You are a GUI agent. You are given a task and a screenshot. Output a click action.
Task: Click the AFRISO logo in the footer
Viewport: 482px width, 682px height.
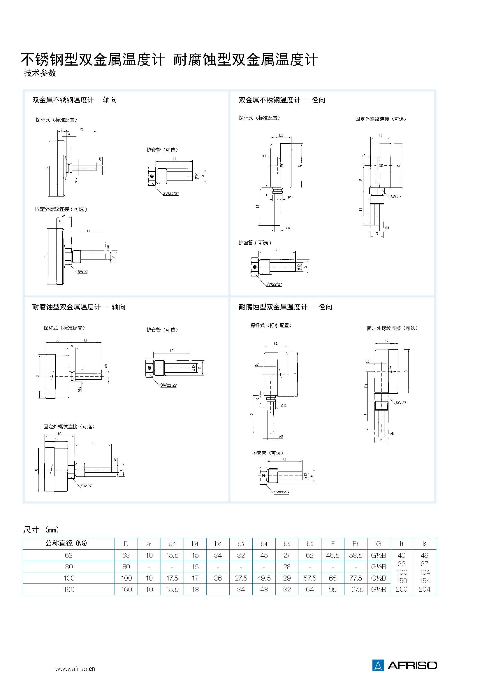click(x=404, y=665)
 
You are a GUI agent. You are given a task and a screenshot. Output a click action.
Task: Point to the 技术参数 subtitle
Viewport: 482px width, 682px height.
click(x=40, y=73)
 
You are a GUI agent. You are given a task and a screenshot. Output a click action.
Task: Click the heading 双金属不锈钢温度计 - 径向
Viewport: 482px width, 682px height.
click(x=282, y=100)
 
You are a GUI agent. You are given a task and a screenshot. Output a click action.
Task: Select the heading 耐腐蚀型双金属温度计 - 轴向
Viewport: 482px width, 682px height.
click(x=79, y=307)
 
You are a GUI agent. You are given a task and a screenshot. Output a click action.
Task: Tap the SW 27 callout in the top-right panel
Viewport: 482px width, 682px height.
click(x=395, y=197)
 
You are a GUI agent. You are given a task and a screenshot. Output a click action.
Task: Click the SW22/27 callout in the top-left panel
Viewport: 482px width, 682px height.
click(x=171, y=193)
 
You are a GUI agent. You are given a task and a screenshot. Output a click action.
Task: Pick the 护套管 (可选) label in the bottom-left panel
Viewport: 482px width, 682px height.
click(x=162, y=329)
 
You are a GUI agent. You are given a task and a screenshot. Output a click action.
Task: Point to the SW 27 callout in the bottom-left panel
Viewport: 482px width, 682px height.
click(x=86, y=486)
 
